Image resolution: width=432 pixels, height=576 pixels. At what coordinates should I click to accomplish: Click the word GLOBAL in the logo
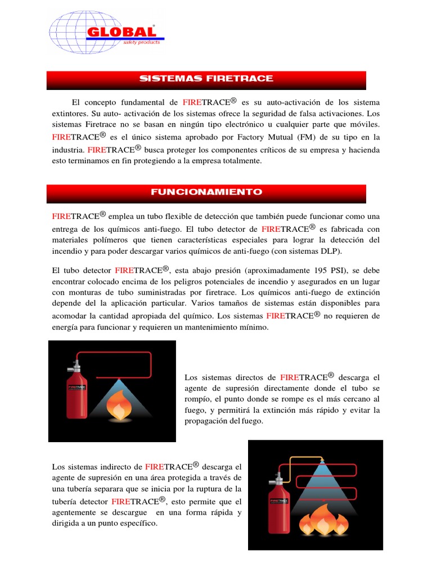point(120,32)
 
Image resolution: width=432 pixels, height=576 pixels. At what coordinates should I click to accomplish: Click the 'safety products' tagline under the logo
point(141,42)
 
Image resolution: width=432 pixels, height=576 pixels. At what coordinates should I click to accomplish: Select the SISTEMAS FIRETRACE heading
point(206,79)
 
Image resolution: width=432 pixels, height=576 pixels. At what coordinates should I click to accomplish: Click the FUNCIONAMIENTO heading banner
point(206,192)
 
